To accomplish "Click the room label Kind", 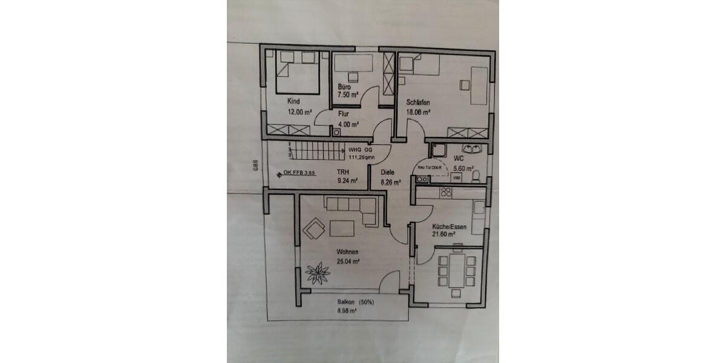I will tap(294, 102).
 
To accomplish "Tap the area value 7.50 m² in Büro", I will tap(348, 95).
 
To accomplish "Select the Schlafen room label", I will tap(418, 102).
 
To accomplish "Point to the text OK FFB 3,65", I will tap(300, 173).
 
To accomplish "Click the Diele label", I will tap(388, 172).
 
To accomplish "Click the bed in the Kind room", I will tap(299, 72).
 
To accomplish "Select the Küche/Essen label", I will tap(449, 227).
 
